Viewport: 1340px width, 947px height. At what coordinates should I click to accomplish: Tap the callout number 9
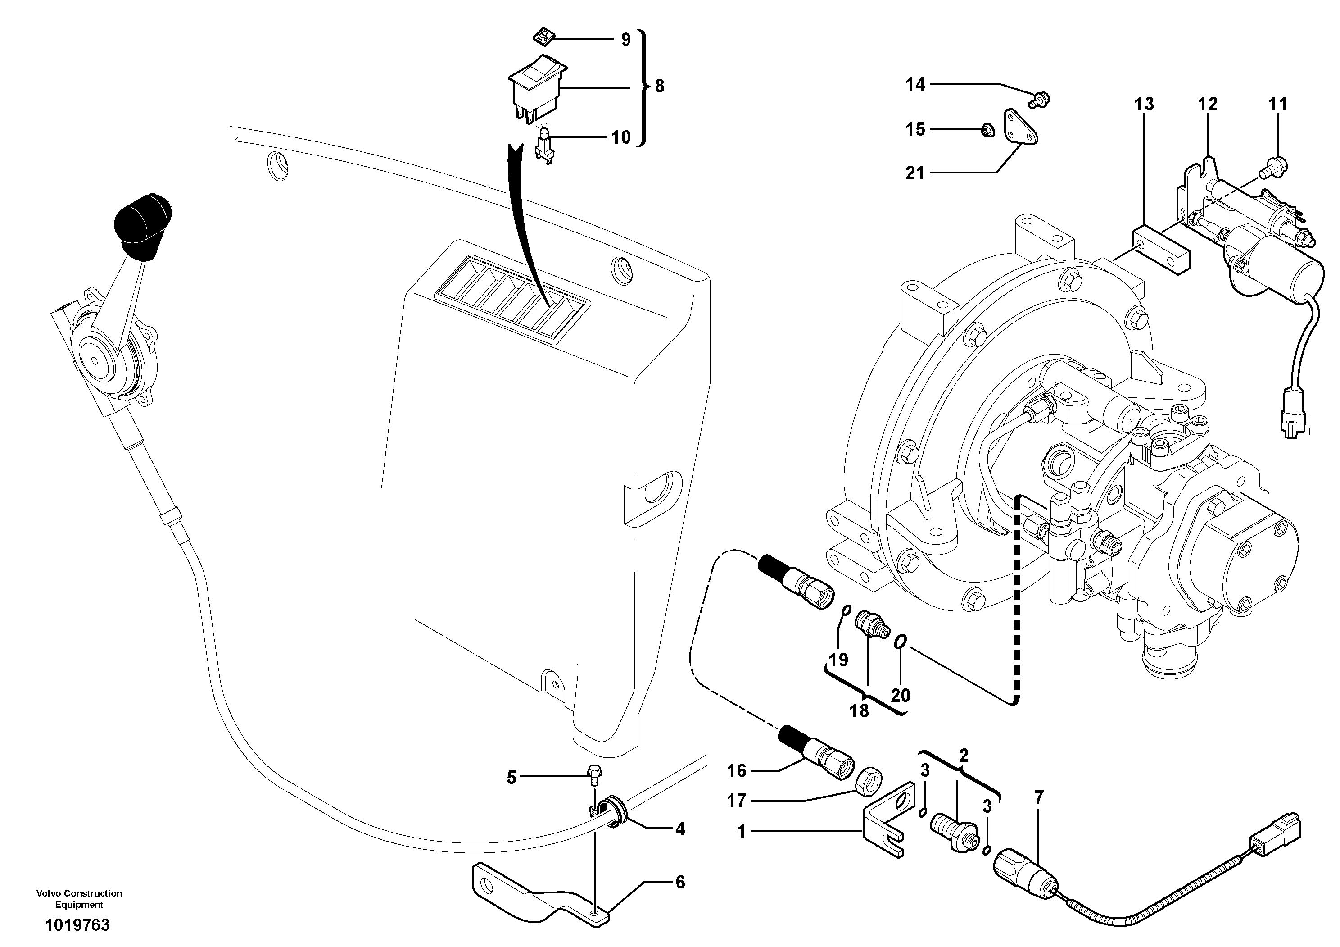pyautogui.click(x=625, y=40)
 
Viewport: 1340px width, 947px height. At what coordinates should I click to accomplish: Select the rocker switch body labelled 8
pyautogui.click(x=537, y=87)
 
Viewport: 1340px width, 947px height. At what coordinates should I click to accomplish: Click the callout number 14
pyautogui.click(x=915, y=85)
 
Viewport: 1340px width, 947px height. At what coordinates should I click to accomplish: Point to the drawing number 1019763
pyautogui.click(x=77, y=925)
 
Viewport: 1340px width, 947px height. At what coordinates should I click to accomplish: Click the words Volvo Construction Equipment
pyautogui.click(x=79, y=898)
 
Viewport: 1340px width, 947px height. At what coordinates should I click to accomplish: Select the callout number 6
pyautogui.click(x=680, y=882)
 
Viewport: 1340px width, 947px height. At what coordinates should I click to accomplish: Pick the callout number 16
pyautogui.click(x=737, y=771)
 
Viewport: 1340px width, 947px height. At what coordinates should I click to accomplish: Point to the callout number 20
pyautogui.click(x=901, y=695)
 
